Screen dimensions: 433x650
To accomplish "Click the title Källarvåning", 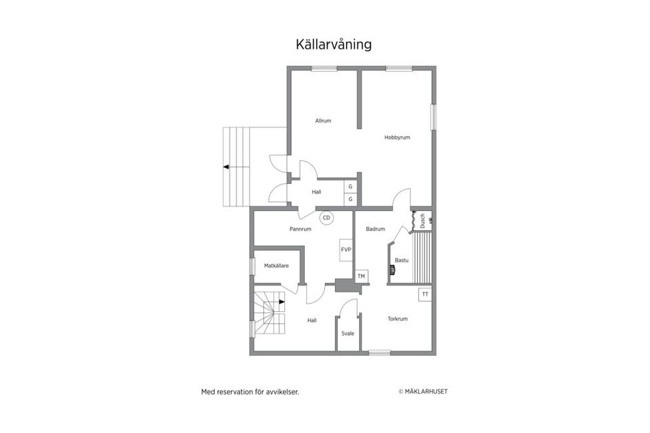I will pos(333,45).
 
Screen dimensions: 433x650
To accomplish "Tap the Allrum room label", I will pos(323,121).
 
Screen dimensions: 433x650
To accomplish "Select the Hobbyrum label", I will pos(397,137).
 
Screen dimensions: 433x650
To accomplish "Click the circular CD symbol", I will pos(326,218).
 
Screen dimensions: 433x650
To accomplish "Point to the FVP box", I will pos(346,250).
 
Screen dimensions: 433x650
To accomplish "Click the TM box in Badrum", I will pos(361,276).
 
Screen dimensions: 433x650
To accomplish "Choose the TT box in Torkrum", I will pos(425,294).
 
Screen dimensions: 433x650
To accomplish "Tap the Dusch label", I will pos(422,220).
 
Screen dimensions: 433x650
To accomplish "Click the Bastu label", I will pos(402,260).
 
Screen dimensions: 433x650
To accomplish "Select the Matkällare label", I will pos(276,266).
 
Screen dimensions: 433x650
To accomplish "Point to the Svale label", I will pos(347,333).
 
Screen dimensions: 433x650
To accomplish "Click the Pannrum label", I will pos(300,229).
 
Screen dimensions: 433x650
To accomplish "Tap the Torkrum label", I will pos(397,319).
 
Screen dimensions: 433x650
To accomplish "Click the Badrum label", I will pos(375,229).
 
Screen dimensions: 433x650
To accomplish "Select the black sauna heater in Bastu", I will pos(392,270).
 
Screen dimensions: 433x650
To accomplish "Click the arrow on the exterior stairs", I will pos(227,166).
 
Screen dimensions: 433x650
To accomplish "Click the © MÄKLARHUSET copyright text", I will pos(422,391).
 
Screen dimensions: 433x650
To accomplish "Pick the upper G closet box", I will pos(350,186).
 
